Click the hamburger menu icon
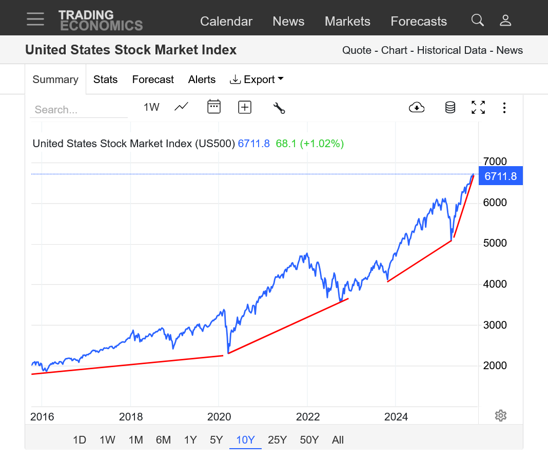pyautogui.click(x=35, y=19)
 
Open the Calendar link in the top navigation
pyautogui.click(x=226, y=22)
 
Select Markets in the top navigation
pyautogui.click(x=347, y=22)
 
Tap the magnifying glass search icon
pyautogui.click(x=478, y=20)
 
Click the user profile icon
pyautogui.click(x=505, y=20)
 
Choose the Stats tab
pyautogui.click(x=105, y=79)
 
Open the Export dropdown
pyautogui.click(x=257, y=79)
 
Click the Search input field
pyautogui.click(x=79, y=110)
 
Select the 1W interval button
pyautogui.click(x=151, y=107)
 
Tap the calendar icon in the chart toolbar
pyautogui.click(x=214, y=107)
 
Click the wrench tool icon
pyautogui.click(x=279, y=108)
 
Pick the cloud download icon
pyautogui.click(x=417, y=107)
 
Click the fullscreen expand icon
pyautogui.click(x=478, y=107)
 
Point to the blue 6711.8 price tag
pyautogui.click(x=500, y=176)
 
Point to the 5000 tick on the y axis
pyautogui.click(x=495, y=243)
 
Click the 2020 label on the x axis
pyautogui.click(x=219, y=417)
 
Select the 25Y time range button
pyautogui.click(x=277, y=440)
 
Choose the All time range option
pyautogui.click(x=338, y=440)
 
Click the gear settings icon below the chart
pyautogui.click(x=501, y=415)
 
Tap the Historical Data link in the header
pyautogui.click(x=452, y=50)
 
